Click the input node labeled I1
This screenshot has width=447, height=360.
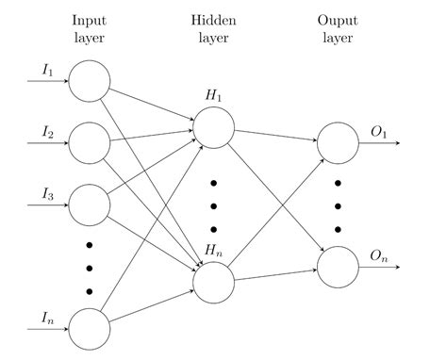[90, 80]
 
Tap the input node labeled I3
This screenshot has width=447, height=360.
[90, 203]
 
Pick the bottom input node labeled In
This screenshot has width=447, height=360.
[90, 327]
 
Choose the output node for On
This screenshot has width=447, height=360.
[337, 266]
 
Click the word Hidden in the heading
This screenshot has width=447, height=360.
[212, 21]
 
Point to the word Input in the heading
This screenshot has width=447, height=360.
[90, 21]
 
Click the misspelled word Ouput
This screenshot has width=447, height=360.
[337, 21]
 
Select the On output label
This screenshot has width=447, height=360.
[378, 255]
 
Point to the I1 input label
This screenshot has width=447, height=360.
[48, 71]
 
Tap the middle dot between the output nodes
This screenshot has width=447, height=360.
[337, 204]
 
